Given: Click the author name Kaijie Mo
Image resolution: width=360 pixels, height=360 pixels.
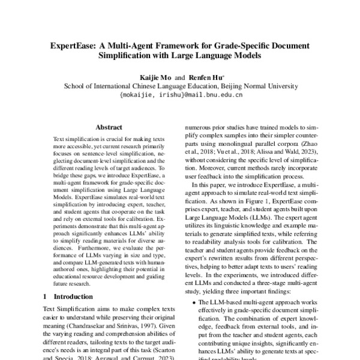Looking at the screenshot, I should (155, 77).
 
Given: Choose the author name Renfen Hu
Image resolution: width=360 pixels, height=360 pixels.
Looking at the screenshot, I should (206, 77).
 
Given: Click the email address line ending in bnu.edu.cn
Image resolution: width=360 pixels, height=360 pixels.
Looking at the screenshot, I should (181, 94).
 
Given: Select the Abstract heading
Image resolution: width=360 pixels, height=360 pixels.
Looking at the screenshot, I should (109, 127).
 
